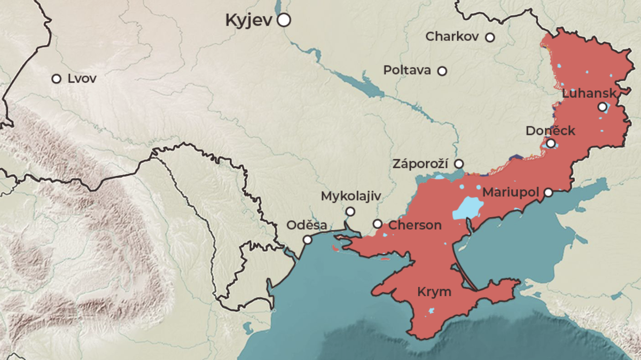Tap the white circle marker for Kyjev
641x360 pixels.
coord(284,20)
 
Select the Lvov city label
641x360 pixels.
coord(82,79)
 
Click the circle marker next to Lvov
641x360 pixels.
coord(56,79)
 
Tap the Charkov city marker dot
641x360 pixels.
coord(490,37)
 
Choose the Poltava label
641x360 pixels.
coord(407,71)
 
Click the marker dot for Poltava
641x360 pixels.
coord(442,71)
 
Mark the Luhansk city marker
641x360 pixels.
coord(603,107)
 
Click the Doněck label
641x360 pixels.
coord(550,131)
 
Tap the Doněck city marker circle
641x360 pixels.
coord(551,144)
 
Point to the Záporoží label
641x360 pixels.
coord(420,163)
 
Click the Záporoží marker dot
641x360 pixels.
coord(459,163)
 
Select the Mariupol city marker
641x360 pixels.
coord(549,192)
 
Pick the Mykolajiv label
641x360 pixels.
coord(350,197)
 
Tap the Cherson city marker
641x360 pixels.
coord(378,224)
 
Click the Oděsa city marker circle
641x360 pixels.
coord(308,240)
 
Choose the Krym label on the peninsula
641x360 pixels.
coord(434,292)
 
